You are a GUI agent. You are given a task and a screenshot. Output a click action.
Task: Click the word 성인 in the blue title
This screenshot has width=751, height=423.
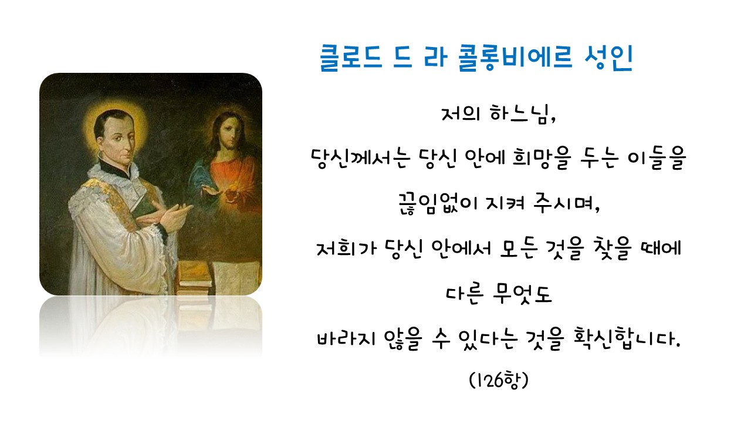tap(608, 58)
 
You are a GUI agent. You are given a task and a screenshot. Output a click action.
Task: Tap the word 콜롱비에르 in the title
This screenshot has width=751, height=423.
tap(515, 58)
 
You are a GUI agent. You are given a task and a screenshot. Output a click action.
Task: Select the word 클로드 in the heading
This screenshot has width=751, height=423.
tap(351, 58)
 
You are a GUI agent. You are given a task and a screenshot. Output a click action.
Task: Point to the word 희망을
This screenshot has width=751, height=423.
tap(542, 158)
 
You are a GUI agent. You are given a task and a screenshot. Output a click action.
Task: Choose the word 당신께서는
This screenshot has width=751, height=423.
tap(361, 158)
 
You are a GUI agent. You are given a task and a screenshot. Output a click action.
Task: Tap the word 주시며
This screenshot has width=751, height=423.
tap(566, 203)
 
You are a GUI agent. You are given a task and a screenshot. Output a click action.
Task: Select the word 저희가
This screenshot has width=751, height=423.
tap(347, 249)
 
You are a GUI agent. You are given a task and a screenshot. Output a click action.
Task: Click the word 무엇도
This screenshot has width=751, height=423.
tap(522, 293)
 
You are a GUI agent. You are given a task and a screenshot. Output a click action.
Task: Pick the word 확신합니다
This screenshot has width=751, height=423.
tap(627, 338)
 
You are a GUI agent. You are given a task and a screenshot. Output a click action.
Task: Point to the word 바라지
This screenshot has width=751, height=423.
tap(346, 338)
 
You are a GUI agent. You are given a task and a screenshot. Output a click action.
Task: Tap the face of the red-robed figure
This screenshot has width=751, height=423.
tap(231, 133)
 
